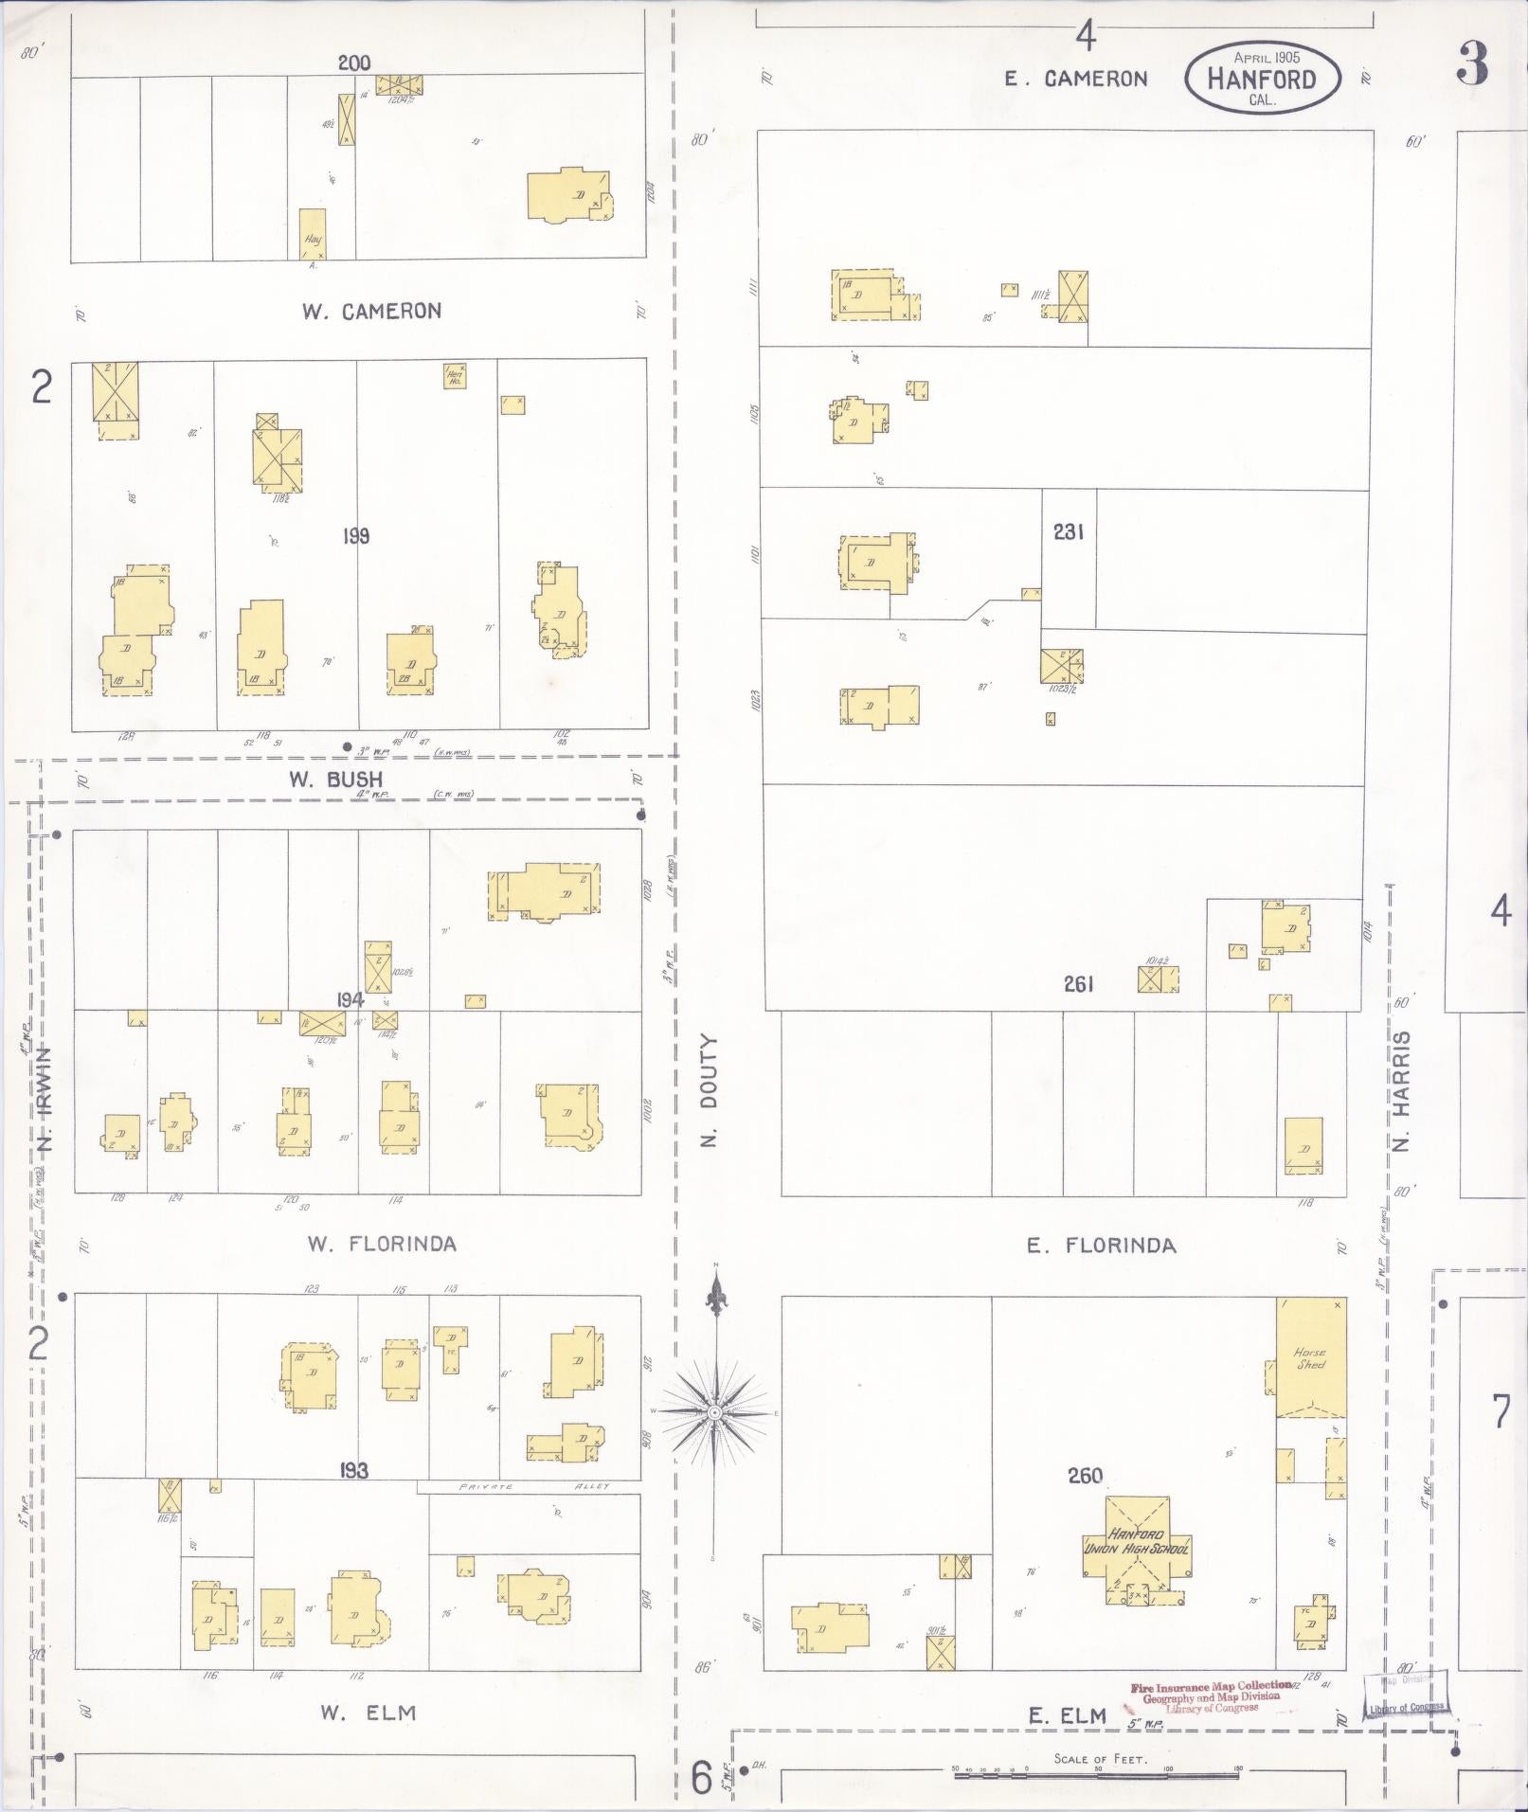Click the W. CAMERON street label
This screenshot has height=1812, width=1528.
(x=371, y=311)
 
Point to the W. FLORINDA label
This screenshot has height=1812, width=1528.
(x=381, y=1244)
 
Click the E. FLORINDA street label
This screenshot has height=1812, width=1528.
(x=1102, y=1246)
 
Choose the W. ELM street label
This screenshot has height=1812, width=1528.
(x=368, y=1712)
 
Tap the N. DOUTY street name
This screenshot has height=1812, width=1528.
(x=711, y=1089)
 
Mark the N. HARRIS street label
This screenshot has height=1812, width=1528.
(x=1403, y=1089)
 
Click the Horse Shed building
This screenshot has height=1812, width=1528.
(x=1311, y=1357)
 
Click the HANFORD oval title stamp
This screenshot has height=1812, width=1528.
(x=1263, y=79)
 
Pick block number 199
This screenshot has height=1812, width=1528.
(x=356, y=536)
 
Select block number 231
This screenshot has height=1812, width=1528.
(x=1068, y=532)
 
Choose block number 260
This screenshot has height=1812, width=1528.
(x=1085, y=1475)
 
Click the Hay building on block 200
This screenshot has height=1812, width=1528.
(x=313, y=235)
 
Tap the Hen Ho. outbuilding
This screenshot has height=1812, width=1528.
(x=455, y=376)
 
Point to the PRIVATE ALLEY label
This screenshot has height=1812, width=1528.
(x=535, y=1486)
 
